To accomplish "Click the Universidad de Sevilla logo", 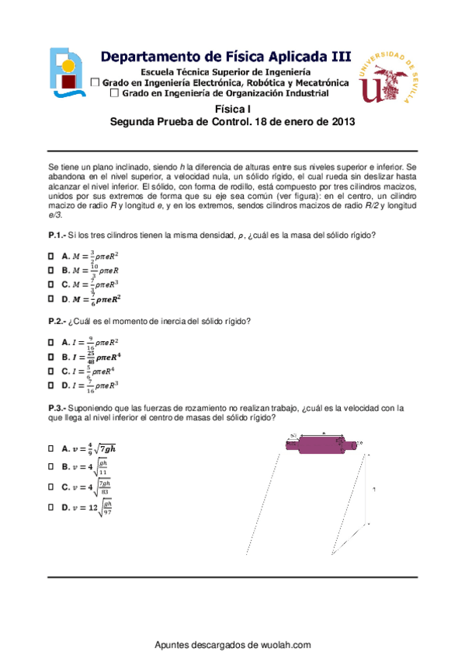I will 389,78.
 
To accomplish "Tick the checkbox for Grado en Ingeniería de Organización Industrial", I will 115,93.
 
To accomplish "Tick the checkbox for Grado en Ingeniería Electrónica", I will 95,82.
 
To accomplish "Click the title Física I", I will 233,110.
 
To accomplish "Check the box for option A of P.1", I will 52,255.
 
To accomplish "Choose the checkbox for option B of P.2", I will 52,357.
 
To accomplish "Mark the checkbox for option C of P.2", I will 52,371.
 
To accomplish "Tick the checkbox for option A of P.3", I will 52,448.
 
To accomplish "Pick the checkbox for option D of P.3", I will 52,507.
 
